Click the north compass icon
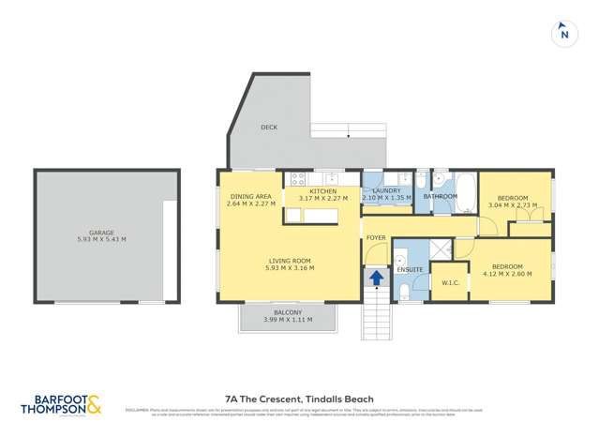tap(563, 33)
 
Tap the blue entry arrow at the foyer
tap(376, 278)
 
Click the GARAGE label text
tap(101, 233)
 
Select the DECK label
tap(269, 127)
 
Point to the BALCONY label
tap(288, 312)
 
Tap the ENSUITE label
tap(411, 270)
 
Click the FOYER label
tap(376, 238)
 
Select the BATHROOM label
tap(440, 197)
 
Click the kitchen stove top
tap(299, 177)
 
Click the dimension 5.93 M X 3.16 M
tap(288, 268)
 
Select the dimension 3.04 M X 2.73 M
tap(513, 204)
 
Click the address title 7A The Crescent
tap(299, 397)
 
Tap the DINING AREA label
tap(249, 196)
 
